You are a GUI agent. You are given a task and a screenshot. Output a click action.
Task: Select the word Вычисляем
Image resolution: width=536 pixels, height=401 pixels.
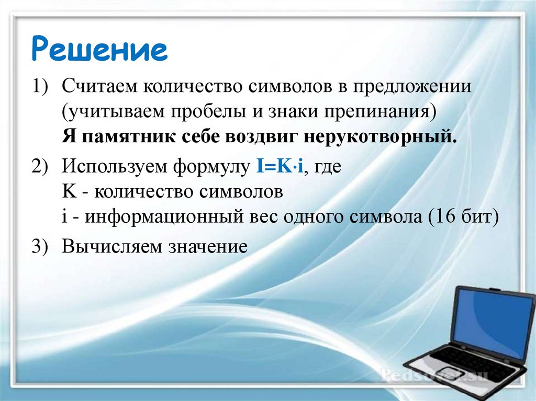[111, 246]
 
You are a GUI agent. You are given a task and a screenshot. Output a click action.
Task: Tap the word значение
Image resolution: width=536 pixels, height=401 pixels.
[207, 246]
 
